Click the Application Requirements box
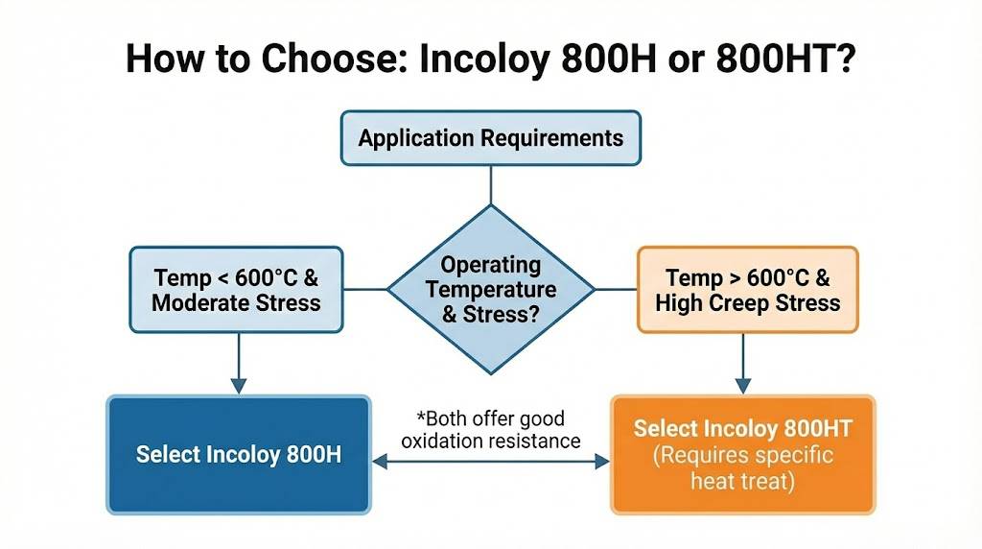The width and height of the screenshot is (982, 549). point(490,138)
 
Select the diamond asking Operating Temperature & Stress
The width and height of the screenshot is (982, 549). point(490,290)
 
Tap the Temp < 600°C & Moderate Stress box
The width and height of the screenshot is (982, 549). point(236,290)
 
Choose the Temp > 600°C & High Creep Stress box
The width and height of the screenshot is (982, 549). point(747,290)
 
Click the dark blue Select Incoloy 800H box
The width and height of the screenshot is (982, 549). point(239,454)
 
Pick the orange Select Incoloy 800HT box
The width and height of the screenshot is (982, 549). point(743,454)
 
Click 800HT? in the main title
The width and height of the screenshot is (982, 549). point(784,59)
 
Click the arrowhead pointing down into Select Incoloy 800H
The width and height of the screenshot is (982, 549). point(239,386)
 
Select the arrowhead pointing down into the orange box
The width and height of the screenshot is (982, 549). point(743,386)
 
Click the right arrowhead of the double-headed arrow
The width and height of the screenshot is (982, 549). point(602,462)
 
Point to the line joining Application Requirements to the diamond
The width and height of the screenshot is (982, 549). point(490,185)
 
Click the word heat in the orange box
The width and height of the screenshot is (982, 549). point(711,481)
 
